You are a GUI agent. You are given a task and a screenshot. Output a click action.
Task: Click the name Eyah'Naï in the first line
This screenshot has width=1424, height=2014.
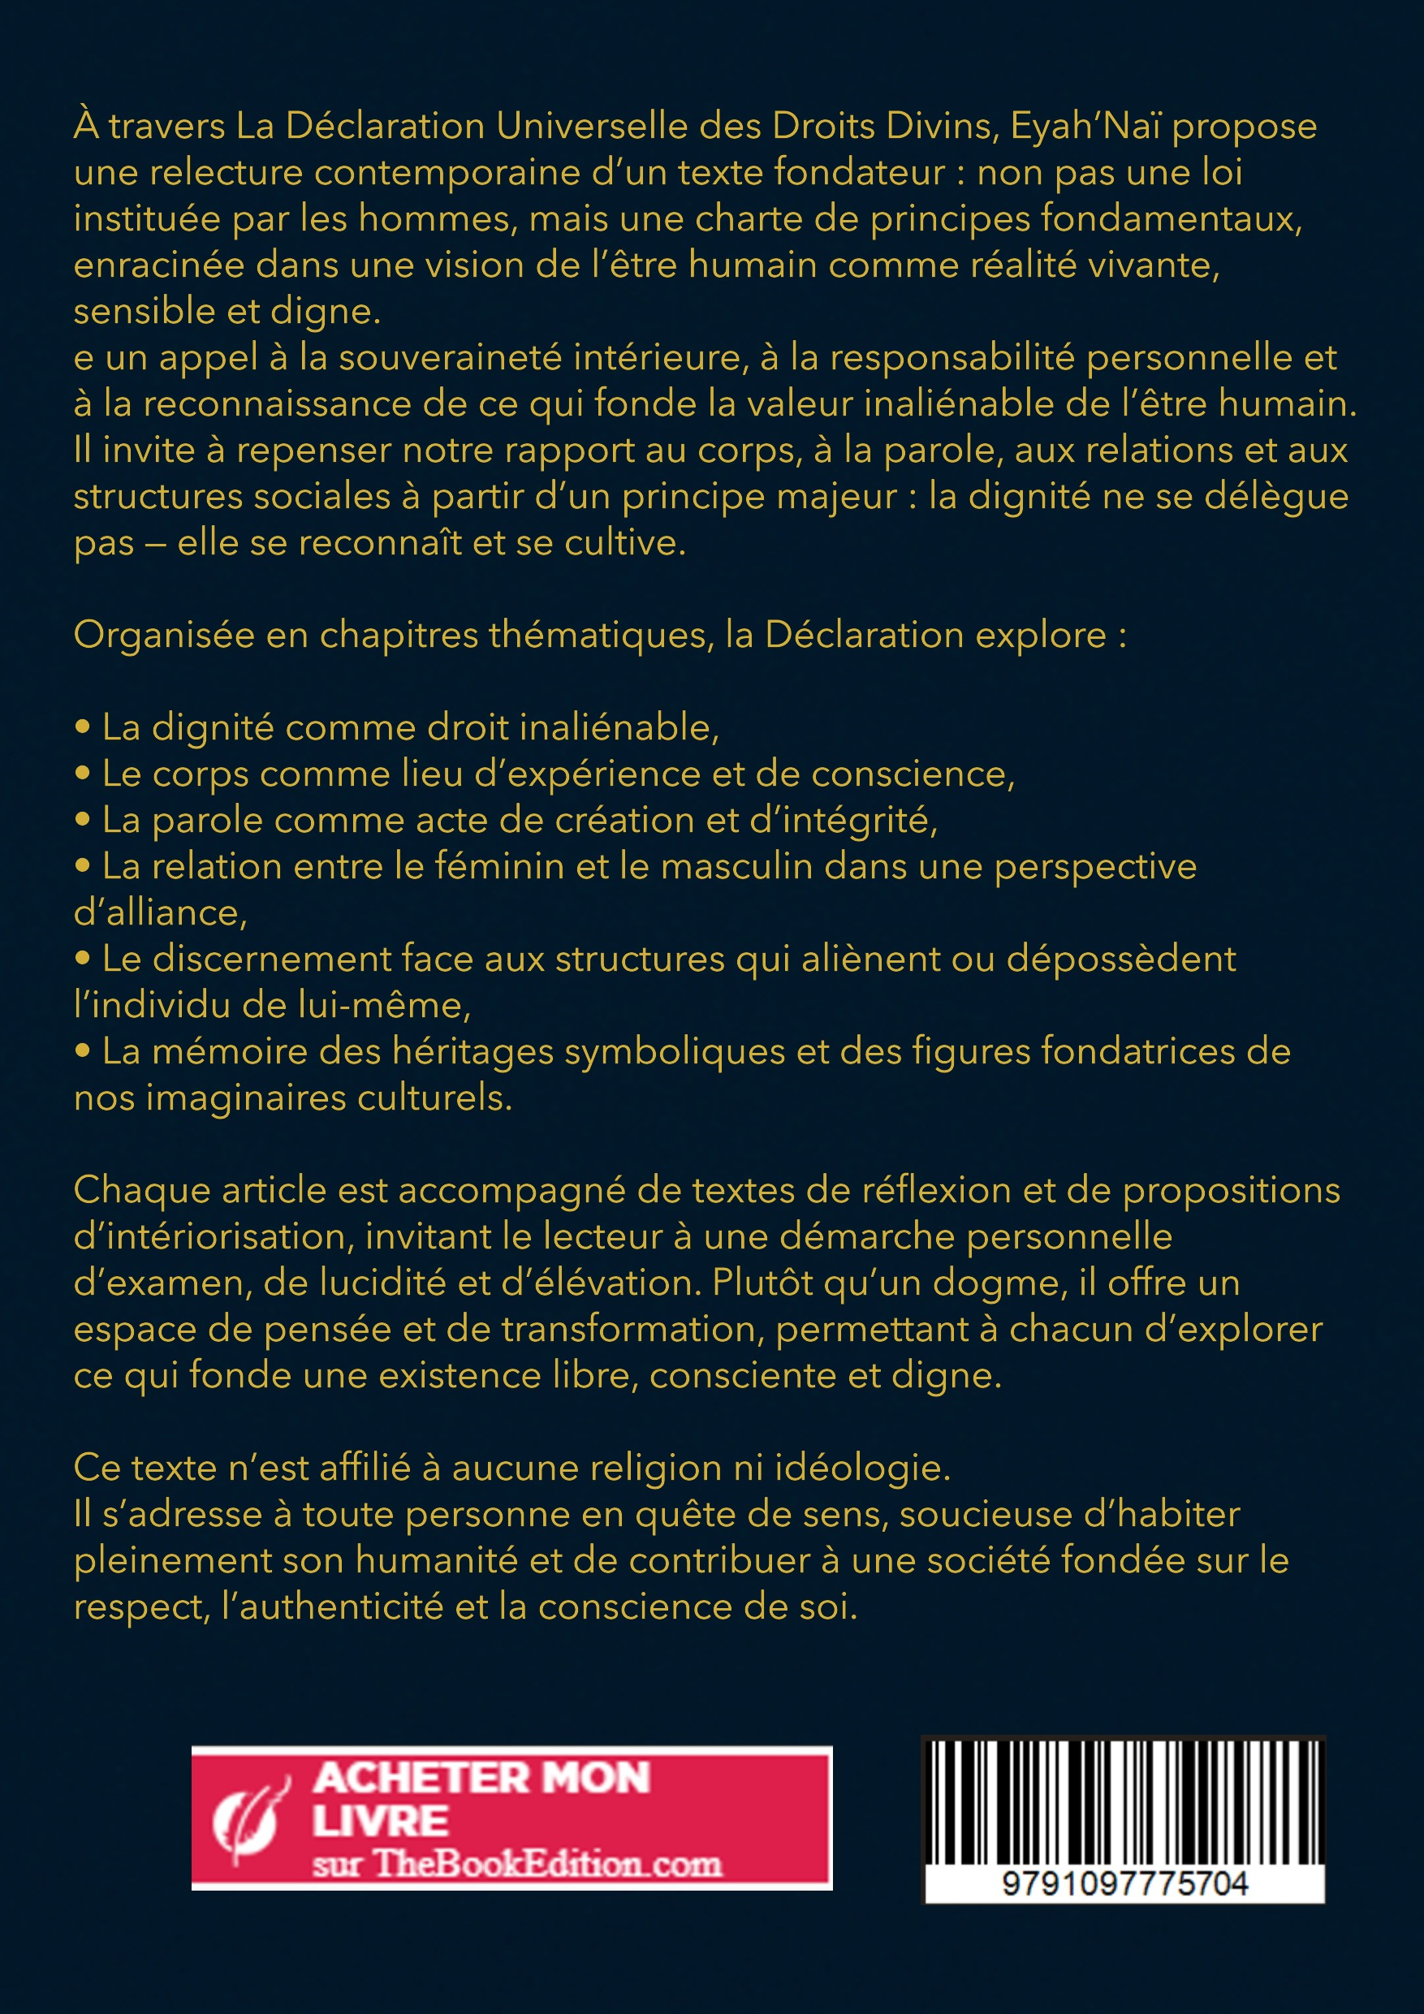click(x=1085, y=127)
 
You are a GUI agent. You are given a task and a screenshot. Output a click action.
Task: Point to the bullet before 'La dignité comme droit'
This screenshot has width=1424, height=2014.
click(x=84, y=727)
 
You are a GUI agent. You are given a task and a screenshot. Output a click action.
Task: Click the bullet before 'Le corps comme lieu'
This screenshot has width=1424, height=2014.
click(x=84, y=774)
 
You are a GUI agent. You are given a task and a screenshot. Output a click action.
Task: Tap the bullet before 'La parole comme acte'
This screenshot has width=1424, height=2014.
click(x=84, y=820)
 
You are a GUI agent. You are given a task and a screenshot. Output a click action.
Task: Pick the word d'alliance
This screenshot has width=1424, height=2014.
click(x=160, y=913)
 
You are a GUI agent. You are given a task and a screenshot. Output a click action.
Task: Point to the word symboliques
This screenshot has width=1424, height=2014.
click(x=674, y=1052)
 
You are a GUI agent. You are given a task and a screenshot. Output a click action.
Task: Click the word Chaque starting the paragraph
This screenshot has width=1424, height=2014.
click(x=140, y=1190)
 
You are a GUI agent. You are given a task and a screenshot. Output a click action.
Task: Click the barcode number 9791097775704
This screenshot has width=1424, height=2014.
click(x=1124, y=1883)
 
